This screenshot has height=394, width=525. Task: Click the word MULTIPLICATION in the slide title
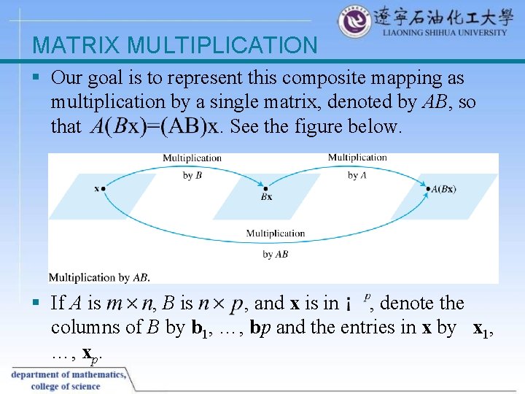(x=222, y=46)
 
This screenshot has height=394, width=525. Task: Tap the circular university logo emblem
(x=354, y=23)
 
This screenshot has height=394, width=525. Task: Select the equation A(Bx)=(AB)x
(x=154, y=127)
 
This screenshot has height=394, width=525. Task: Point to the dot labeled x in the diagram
(x=104, y=188)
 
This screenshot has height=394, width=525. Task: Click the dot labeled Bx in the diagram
(x=265, y=188)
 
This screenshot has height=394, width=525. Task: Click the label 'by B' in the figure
(x=192, y=175)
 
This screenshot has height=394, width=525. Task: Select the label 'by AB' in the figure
(x=275, y=254)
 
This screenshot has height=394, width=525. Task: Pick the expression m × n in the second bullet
(x=129, y=303)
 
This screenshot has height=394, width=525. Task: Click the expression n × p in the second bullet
(x=221, y=303)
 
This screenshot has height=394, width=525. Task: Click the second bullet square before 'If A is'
(x=37, y=303)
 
